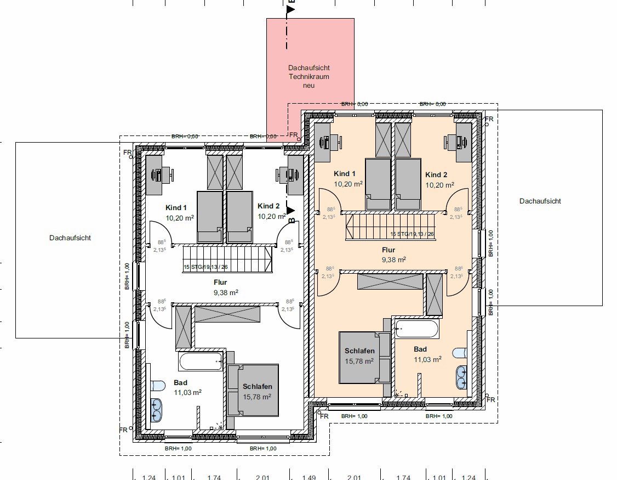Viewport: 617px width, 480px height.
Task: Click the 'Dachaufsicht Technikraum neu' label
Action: click(309, 77)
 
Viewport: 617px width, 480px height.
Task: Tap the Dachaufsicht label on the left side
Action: click(70, 238)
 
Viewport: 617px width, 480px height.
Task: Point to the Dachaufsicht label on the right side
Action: click(540, 201)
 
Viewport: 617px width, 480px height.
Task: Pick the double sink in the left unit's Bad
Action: click(157, 409)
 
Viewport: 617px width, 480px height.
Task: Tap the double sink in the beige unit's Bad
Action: click(461, 376)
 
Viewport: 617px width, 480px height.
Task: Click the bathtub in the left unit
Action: click(200, 361)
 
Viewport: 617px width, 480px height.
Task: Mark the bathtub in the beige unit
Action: click(417, 329)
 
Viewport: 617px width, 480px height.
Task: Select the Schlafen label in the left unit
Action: click(258, 387)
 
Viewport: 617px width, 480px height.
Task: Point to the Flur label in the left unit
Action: click(220, 283)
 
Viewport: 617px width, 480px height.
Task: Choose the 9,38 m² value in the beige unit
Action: click(393, 260)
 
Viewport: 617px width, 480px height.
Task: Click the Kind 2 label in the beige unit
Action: click(436, 175)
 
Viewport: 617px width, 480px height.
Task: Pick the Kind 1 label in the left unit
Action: click(176, 208)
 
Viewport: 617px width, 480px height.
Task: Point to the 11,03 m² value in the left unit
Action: click(187, 392)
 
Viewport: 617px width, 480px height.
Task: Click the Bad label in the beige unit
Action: click(420, 349)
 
